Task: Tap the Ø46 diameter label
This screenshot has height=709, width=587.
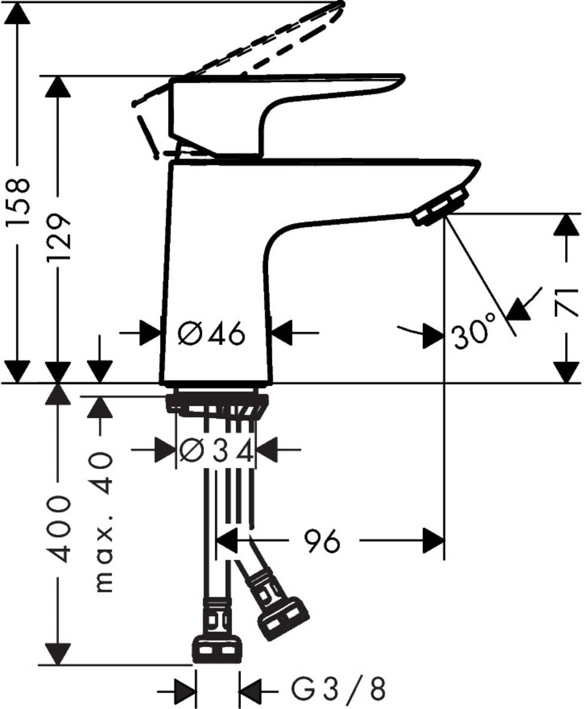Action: pos(211,335)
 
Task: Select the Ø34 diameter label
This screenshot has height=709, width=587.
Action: pos(217,453)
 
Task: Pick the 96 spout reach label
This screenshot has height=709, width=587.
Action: pos(322,541)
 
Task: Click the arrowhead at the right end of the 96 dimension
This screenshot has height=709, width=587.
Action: pos(434,540)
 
